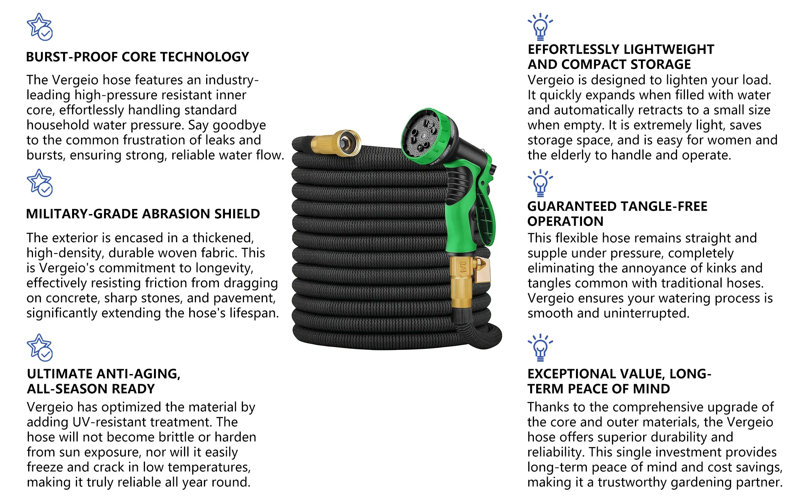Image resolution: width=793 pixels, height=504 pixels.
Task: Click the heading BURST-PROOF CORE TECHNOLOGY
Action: (x=137, y=57)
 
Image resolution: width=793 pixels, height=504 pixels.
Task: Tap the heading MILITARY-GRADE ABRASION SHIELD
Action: (x=143, y=214)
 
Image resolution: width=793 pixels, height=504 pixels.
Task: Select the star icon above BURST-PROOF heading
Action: (x=39, y=27)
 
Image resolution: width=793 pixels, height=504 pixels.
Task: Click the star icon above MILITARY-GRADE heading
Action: (x=39, y=183)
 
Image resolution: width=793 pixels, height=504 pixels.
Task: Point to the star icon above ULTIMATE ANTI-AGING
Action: (x=39, y=347)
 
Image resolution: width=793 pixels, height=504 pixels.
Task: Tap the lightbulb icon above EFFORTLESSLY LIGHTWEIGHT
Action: (x=540, y=27)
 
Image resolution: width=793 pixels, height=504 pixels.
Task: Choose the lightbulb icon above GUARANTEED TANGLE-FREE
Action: (x=540, y=183)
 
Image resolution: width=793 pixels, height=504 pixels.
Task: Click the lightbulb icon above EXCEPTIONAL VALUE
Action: (x=540, y=347)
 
